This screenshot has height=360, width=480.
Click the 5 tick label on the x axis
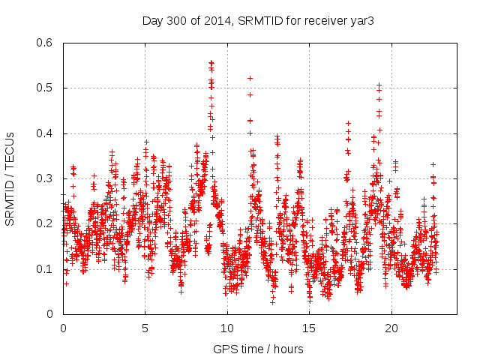[x=145, y=328]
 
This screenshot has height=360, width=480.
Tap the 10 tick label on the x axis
[x=227, y=328]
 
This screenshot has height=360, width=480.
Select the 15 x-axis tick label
[x=309, y=328]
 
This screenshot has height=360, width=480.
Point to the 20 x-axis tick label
[x=391, y=328]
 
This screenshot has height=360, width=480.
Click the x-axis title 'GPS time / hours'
[x=259, y=349]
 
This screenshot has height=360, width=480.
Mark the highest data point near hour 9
[x=211, y=63]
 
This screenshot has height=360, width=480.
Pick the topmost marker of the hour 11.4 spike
[x=250, y=78]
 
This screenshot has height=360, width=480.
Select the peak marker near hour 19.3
[x=379, y=85]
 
